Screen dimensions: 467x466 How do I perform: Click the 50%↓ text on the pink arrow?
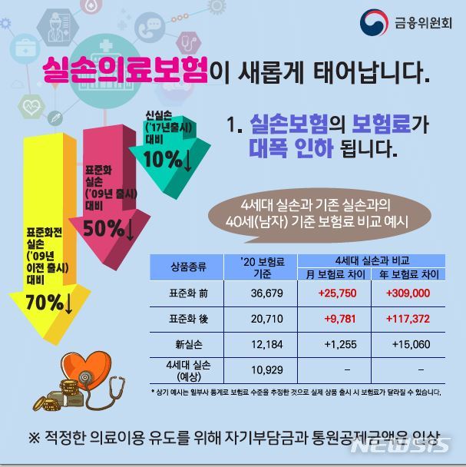(x=108, y=227)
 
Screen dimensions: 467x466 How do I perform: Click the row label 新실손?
(x=188, y=343)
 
